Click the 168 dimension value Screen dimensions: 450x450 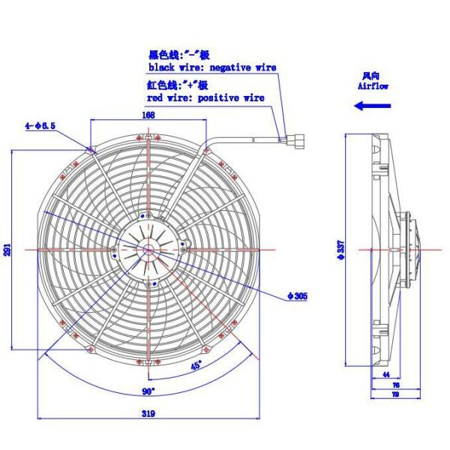click(148, 115)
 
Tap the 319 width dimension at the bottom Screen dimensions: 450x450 click(148, 413)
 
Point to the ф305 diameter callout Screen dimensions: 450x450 click(298, 296)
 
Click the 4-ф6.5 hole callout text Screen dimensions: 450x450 click(40, 126)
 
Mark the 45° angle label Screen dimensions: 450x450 click(196, 366)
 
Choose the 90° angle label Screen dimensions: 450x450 click(148, 391)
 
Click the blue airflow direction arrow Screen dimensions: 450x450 click(373, 106)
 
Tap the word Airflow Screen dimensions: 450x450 click(373, 85)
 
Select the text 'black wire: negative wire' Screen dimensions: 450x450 click(212, 67)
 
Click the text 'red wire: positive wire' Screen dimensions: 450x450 click(205, 97)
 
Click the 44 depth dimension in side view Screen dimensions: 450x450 click(386, 374)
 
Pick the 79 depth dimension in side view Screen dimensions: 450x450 click(395, 394)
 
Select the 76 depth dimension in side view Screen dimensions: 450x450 click(396, 385)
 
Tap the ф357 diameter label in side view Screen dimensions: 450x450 click(341, 250)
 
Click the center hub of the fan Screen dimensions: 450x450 click(148, 250)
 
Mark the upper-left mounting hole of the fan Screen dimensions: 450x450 click(91, 150)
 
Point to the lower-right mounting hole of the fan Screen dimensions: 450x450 click(205, 349)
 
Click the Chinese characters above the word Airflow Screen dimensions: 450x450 click(370, 76)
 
